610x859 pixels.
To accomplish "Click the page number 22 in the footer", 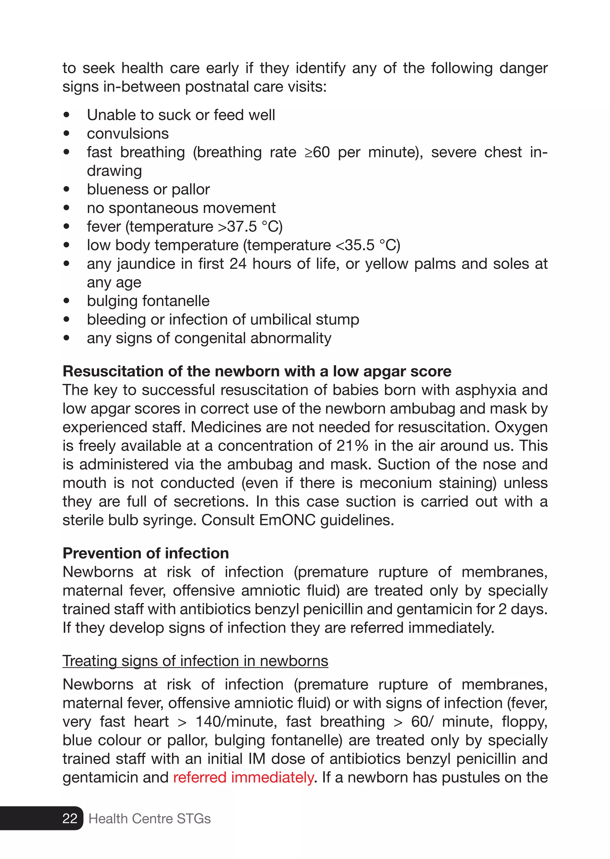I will tap(70, 818).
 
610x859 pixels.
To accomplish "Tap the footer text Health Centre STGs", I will tap(150, 818).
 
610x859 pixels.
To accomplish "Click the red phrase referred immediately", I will tap(243, 777).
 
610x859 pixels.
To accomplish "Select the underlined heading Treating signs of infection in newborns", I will tap(195, 661).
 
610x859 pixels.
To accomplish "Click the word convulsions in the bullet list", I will tap(128, 134).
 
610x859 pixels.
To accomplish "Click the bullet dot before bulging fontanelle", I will tap(67, 301).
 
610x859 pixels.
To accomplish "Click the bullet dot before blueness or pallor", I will tap(67, 189).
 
